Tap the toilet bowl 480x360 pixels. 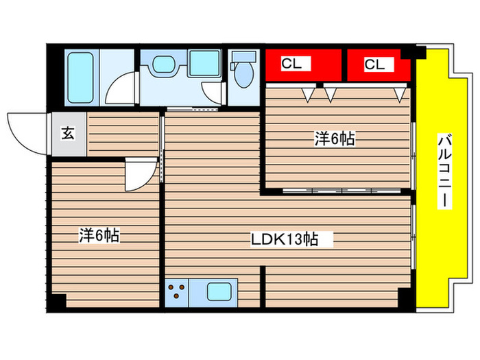click(x=241, y=76)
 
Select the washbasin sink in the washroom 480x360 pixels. click(x=163, y=67)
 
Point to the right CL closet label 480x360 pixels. click(x=374, y=64)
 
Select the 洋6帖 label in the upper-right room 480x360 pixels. click(x=334, y=139)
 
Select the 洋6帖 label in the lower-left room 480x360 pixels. click(x=99, y=236)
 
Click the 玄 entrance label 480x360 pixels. click(x=69, y=133)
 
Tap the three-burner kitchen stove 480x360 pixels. click(x=178, y=292)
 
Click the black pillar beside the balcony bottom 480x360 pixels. click(x=407, y=299)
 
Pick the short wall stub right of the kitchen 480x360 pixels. click(x=263, y=288)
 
